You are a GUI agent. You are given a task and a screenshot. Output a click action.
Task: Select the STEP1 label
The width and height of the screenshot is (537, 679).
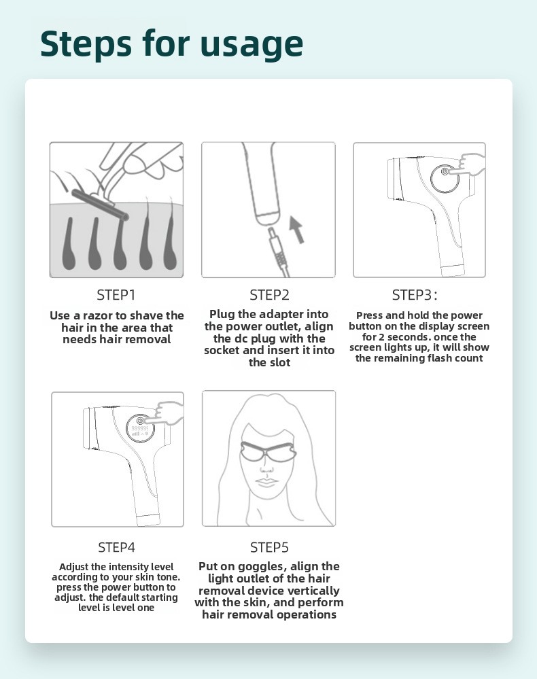pyautogui.click(x=116, y=295)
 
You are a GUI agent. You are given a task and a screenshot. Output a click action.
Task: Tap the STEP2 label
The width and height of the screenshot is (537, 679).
pyautogui.click(x=269, y=295)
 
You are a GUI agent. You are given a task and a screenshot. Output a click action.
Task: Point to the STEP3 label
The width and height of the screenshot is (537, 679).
pyautogui.click(x=414, y=295)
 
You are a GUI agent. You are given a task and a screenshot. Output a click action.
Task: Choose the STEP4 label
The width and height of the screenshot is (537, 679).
pyautogui.click(x=116, y=547)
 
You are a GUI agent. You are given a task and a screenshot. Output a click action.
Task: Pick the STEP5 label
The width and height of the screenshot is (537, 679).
pyautogui.click(x=269, y=547)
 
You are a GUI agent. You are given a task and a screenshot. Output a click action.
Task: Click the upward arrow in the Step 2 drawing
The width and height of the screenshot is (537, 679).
pyautogui.click(x=296, y=230)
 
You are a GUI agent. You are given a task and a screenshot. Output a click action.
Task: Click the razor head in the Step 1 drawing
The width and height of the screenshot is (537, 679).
pyautogui.click(x=100, y=205)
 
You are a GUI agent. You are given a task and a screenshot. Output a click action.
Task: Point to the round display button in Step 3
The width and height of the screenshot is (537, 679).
pyautogui.click(x=445, y=178)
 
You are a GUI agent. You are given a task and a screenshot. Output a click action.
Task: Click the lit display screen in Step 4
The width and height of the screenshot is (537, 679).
pyautogui.click(x=140, y=428)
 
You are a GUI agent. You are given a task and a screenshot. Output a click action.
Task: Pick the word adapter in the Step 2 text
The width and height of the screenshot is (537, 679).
pyautogui.click(x=283, y=315)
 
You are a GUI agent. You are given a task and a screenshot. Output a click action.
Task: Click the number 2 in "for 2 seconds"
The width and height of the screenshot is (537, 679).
pyautogui.click(x=381, y=337)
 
